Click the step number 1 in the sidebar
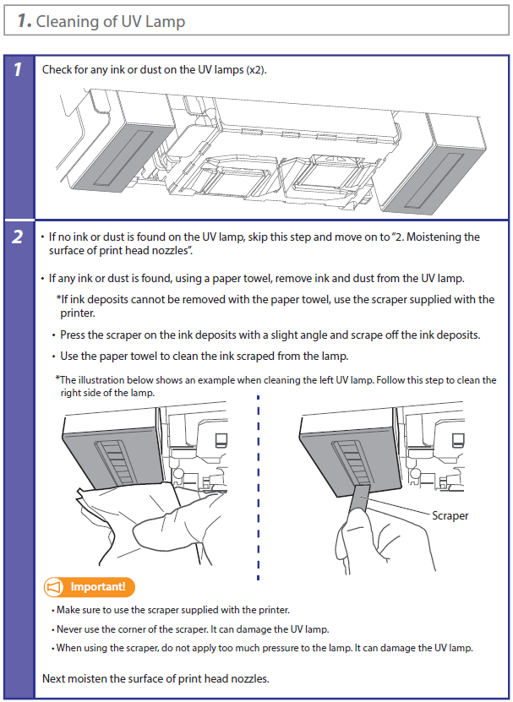18,70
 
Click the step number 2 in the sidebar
18,237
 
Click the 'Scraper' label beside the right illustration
450,514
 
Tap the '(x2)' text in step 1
255,69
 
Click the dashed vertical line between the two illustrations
258,490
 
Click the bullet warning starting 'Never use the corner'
192,629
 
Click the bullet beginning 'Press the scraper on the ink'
270,335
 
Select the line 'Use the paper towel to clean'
203,356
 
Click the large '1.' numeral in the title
23,21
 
